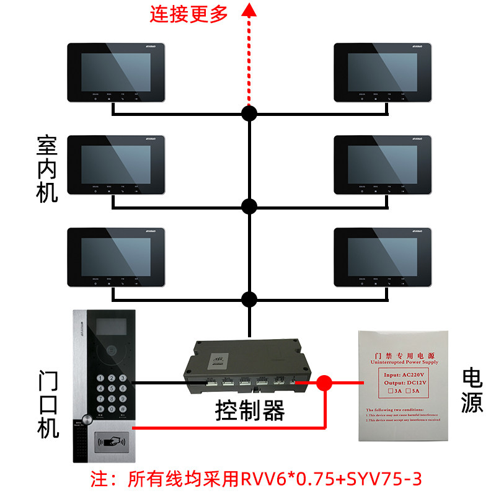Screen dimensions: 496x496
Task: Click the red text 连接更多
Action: (x=188, y=14)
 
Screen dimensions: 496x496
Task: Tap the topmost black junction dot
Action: (x=249, y=113)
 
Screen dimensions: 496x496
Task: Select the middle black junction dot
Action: (x=249, y=206)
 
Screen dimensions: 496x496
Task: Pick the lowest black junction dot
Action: (x=249, y=299)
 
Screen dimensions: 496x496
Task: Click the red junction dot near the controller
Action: (x=323, y=383)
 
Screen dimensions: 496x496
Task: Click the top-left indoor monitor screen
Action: (x=115, y=71)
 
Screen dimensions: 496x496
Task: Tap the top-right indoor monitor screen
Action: (x=382, y=71)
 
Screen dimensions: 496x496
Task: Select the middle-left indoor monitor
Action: (x=116, y=164)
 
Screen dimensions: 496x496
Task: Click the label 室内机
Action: (x=47, y=170)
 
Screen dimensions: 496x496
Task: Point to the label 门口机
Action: (x=47, y=405)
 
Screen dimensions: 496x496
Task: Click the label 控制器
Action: (x=249, y=410)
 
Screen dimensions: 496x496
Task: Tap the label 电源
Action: (x=472, y=391)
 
